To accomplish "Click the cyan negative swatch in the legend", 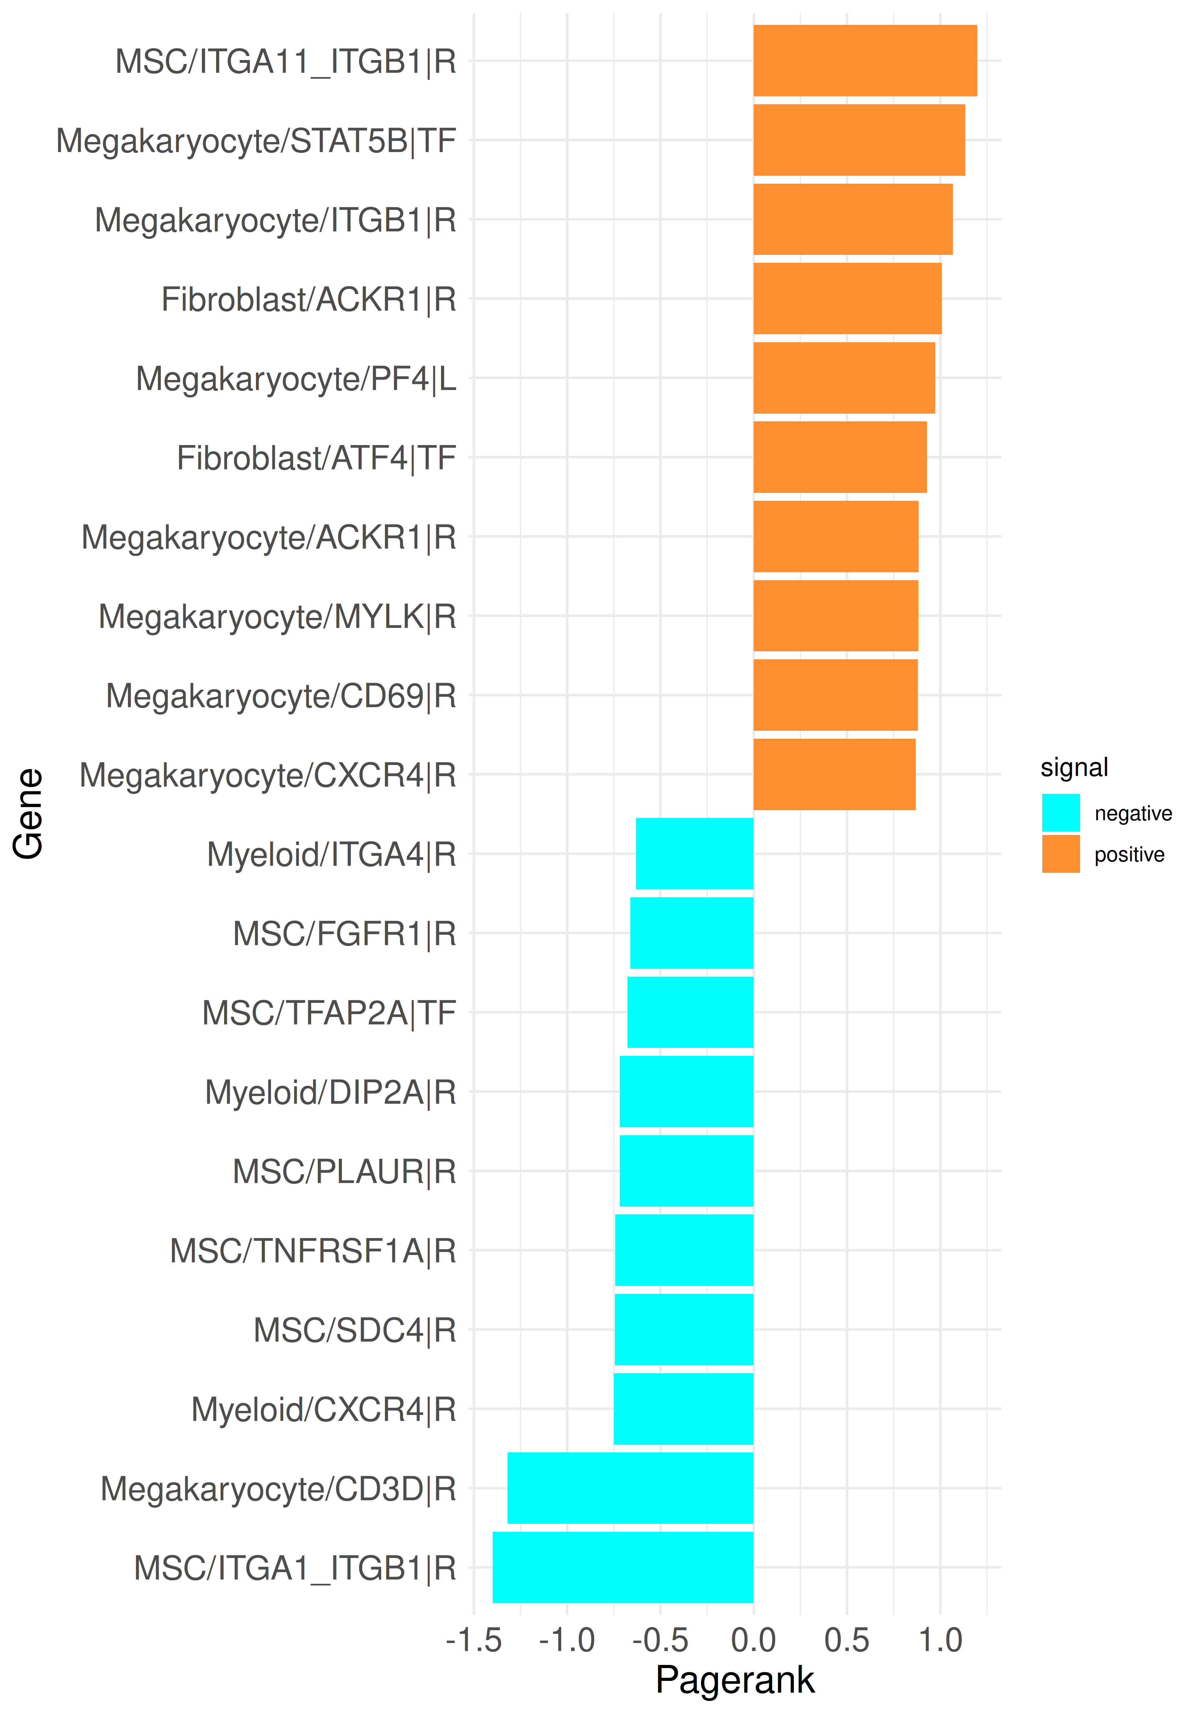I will tap(1060, 812).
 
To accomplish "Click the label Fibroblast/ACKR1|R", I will tap(308, 299).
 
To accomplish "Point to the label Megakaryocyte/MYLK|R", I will tap(277, 617).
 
